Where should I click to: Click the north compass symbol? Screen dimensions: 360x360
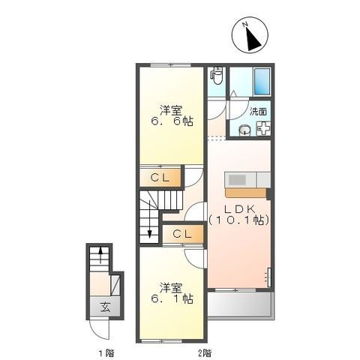point(250,34)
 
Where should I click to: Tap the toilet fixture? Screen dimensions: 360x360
point(217,76)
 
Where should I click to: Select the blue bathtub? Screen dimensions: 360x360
point(262,81)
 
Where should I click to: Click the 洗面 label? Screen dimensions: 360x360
point(258,112)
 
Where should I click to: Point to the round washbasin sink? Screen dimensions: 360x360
point(244,130)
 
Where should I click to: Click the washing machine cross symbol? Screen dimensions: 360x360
point(264,129)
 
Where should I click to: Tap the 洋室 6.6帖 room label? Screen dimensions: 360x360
point(171,115)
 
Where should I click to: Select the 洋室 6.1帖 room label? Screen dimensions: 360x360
point(172,293)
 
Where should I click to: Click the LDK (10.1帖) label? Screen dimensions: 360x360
point(239,214)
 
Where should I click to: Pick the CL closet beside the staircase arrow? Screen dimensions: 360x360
point(182,234)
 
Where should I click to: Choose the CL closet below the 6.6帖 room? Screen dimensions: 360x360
point(160,178)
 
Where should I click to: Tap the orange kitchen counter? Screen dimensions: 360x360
point(245,193)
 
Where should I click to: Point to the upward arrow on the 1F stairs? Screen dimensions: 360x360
point(100,255)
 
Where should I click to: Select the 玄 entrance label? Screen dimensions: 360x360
point(105,307)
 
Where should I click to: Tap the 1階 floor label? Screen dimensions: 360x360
point(106,353)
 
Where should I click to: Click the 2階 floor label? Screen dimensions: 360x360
point(205,353)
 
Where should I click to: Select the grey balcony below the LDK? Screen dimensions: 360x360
point(240,304)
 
